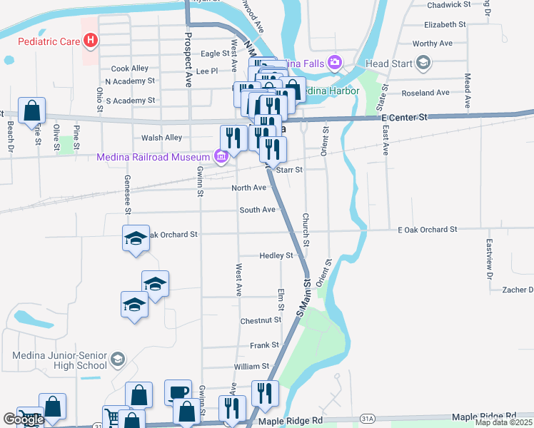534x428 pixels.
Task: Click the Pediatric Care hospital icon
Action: (90, 41)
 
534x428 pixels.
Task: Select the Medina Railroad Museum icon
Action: (221, 157)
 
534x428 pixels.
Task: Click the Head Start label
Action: (388, 63)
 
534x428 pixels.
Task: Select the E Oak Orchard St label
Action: (427, 229)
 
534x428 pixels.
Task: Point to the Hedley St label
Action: (276, 255)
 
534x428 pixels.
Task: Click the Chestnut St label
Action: (261, 321)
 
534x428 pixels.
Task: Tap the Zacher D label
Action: (518, 290)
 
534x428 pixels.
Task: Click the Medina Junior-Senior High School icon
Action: (118, 360)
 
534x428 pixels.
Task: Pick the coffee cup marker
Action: (178, 392)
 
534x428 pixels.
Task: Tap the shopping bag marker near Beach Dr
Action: (31, 111)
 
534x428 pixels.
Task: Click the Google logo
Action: (24, 419)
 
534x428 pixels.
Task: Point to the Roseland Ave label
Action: (426, 93)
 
